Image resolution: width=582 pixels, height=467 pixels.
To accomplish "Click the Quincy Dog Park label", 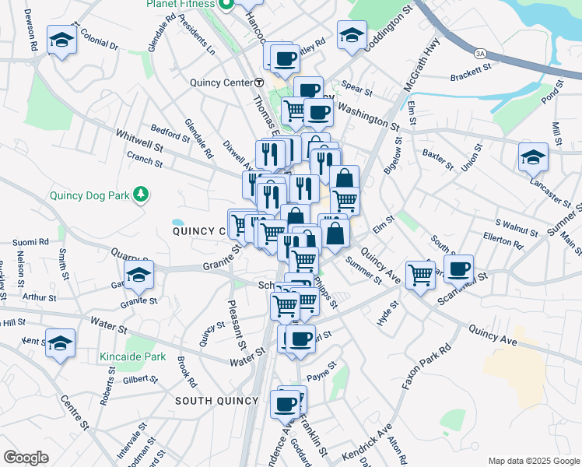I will pyautogui.click(x=89, y=195).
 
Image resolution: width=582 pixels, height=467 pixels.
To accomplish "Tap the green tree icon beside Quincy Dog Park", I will pyautogui.click(x=141, y=193).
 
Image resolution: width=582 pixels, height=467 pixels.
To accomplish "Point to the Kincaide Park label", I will pyautogui.click(x=133, y=357).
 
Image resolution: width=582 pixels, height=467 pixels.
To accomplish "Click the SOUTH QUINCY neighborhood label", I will pyautogui.click(x=216, y=400).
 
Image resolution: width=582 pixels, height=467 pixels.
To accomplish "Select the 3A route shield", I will pyautogui.click(x=481, y=53).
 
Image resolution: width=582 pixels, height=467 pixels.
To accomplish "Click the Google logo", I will pyautogui.click(x=26, y=457).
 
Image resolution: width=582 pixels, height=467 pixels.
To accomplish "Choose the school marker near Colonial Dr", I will pyautogui.click(x=61, y=40).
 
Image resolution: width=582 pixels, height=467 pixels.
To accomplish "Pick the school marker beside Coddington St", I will pyautogui.click(x=352, y=36).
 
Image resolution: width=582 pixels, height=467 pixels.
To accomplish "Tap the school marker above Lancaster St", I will pyautogui.click(x=533, y=157).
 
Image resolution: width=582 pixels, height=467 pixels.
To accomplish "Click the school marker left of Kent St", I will pyautogui.click(x=60, y=343).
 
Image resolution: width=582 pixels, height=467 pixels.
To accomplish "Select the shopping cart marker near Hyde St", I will pyautogui.click(x=420, y=273).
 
